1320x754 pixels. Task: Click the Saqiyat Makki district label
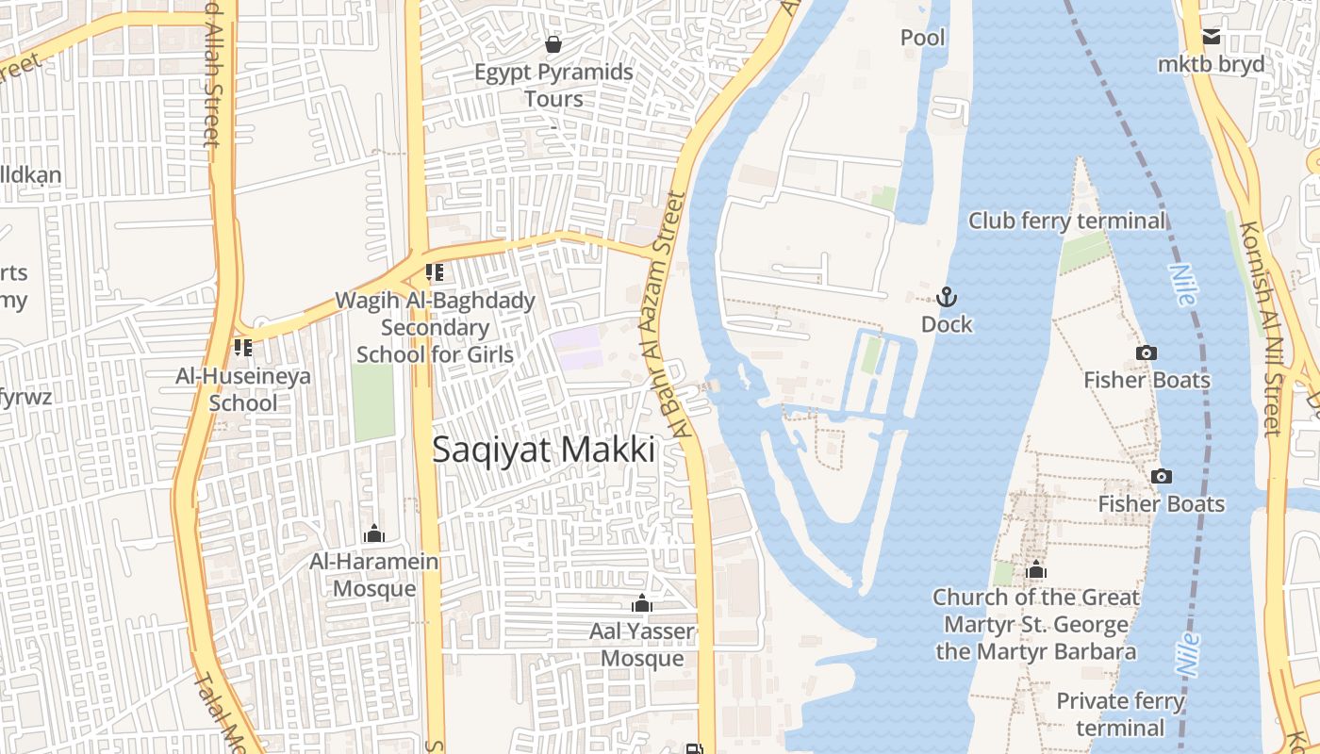point(543,451)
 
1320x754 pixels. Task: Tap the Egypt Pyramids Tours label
point(553,85)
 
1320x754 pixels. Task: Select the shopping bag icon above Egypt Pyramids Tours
point(553,44)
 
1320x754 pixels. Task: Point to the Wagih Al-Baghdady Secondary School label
point(436,328)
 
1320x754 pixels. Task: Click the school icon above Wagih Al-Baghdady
point(435,272)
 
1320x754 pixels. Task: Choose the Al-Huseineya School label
point(243,389)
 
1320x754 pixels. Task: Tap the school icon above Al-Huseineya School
point(243,348)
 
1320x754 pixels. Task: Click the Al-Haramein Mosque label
point(374,575)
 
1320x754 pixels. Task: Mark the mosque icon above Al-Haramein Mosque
point(374,534)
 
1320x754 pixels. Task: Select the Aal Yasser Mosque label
point(642,645)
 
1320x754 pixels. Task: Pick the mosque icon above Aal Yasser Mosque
point(642,603)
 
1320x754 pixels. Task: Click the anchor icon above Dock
point(947,298)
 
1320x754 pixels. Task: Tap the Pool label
point(923,38)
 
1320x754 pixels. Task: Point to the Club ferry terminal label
point(1067,221)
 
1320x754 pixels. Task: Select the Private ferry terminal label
point(1119,714)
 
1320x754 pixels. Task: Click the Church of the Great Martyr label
point(1035,624)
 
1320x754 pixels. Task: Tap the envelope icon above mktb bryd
point(1212,38)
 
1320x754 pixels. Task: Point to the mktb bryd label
point(1212,65)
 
